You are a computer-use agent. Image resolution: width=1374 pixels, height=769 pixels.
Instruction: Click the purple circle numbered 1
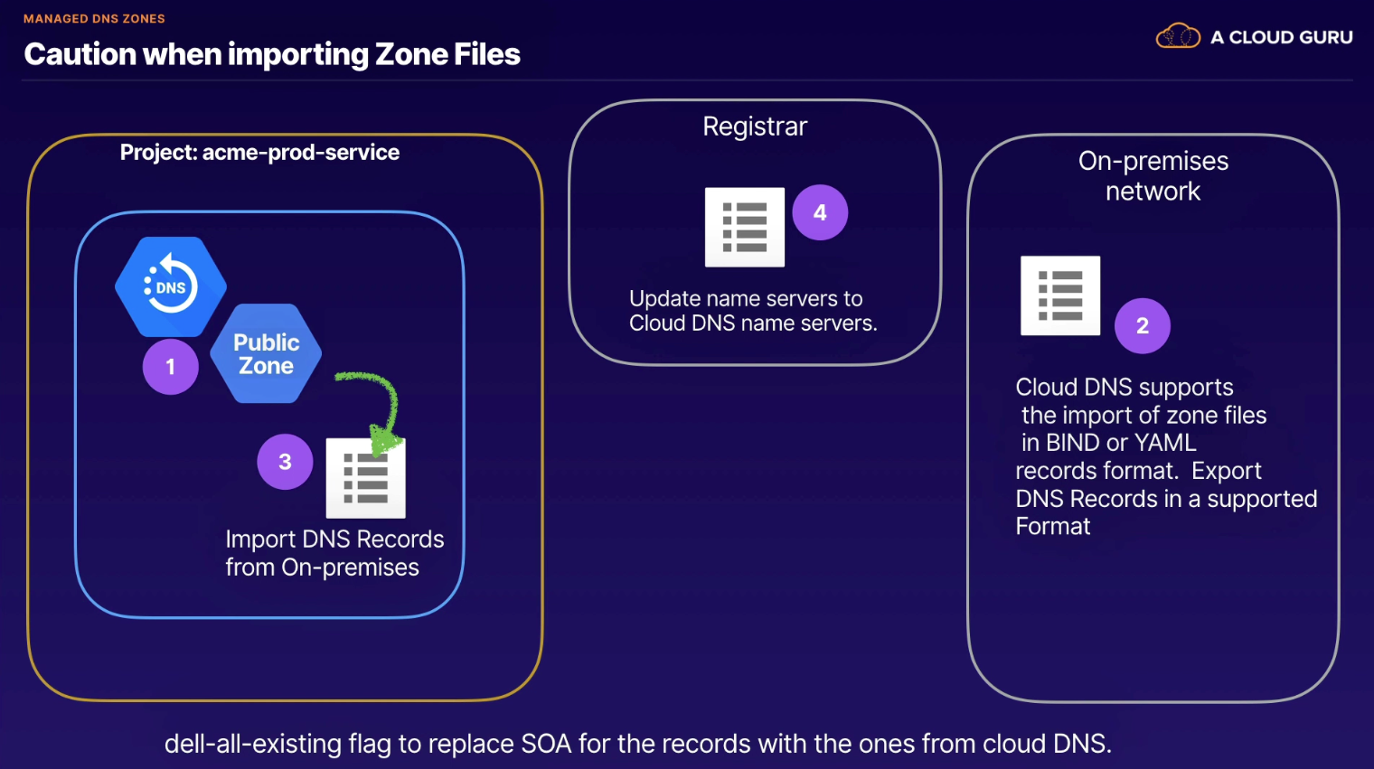pyautogui.click(x=171, y=367)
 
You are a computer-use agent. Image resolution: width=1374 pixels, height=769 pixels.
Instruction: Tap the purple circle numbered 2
pyautogui.click(x=1143, y=325)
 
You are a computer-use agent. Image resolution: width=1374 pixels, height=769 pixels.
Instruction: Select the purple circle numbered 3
pyautogui.click(x=285, y=462)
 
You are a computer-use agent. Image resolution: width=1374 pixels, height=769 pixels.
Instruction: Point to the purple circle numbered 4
pyautogui.click(x=820, y=212)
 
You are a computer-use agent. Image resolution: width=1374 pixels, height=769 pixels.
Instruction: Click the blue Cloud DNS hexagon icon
pyautogui.click(x=171, y=286)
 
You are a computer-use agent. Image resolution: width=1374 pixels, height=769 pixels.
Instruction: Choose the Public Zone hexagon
pyautogui.click(x=266, y=354)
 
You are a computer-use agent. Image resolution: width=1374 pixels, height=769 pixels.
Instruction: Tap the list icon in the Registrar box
pyautogui.click(x=745, y=227)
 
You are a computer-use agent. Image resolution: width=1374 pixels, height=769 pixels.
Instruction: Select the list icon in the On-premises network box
pyautogui.click(x=1060, y=295)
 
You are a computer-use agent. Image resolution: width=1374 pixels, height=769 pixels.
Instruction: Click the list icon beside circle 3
pyautogui.click(x=365, y=478)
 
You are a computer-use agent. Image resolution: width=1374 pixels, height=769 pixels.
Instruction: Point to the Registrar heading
pyautogui.click(x=755, y=127)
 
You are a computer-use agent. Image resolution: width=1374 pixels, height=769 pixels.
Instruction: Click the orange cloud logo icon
pyautogui.click(x=1178, y=35)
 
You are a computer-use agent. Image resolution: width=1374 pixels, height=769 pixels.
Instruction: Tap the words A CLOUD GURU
pyautogui.click(x=1282, y=37)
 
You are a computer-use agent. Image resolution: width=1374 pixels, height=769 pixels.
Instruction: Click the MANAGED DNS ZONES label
pyautogui.click(x=94, y=19)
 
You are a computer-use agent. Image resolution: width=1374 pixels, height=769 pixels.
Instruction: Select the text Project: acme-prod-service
pyautogui.click(x=259, y=153)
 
